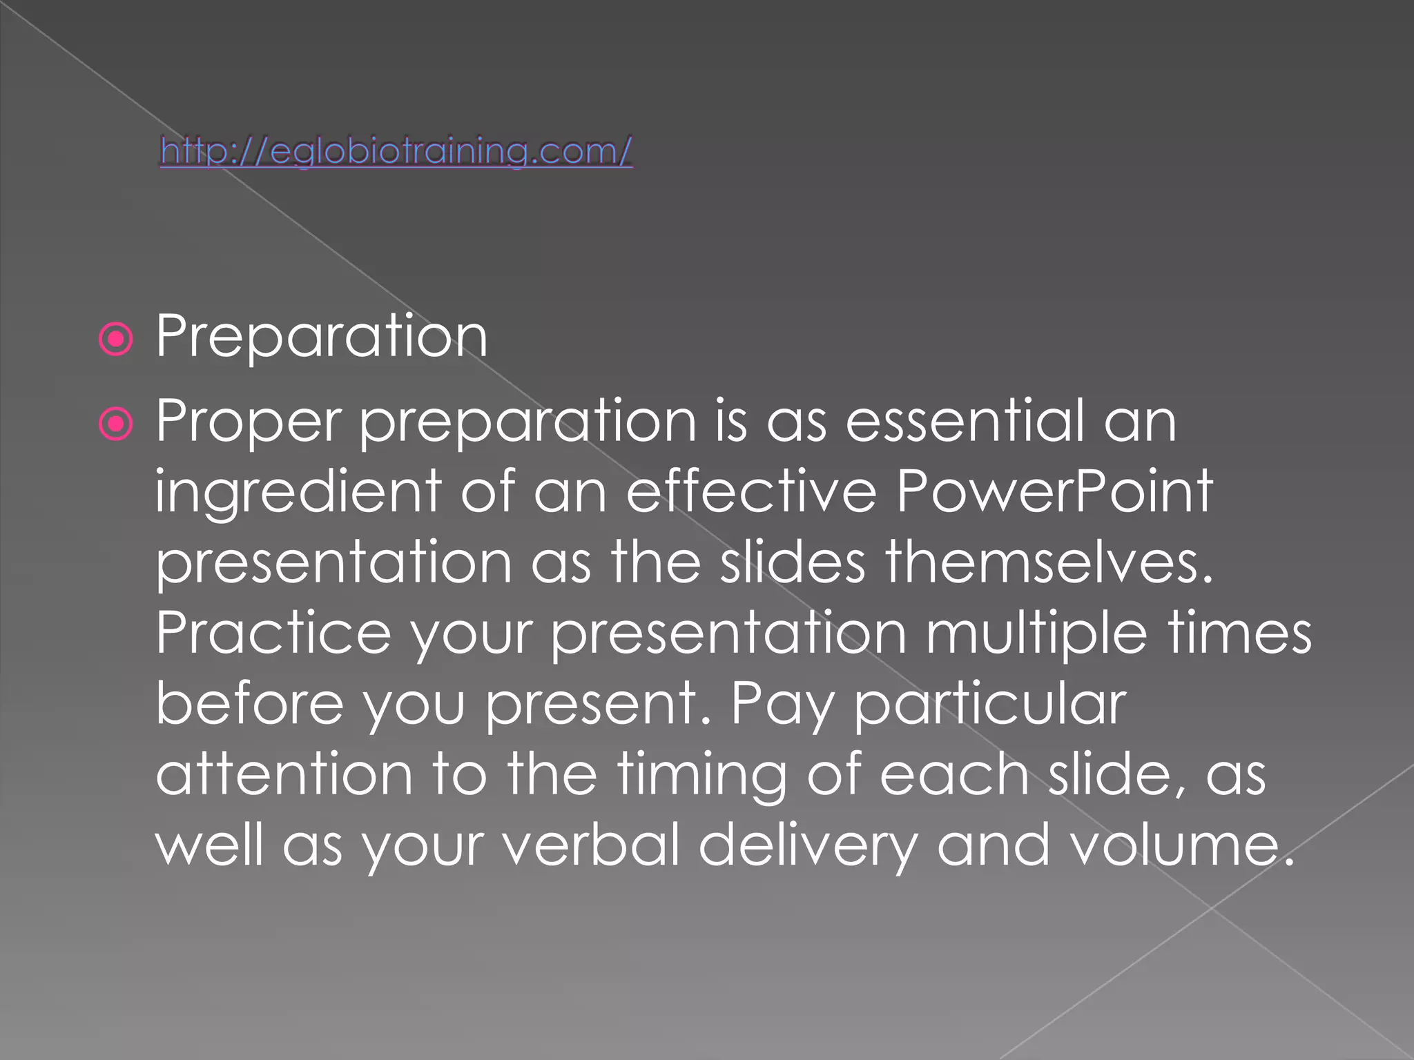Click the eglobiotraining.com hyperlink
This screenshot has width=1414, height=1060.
coord(396,151)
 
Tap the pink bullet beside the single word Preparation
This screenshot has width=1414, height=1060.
coord(115,340)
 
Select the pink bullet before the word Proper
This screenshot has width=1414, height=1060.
coord(115,424)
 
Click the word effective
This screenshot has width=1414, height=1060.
coord(751,491)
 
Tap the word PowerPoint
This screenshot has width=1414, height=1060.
coord(1054,491)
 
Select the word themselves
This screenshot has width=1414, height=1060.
coord(1049,562)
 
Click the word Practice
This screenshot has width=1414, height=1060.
coord(273,633)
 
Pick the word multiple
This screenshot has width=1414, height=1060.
coord(1036,634)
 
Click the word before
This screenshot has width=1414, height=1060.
coord(249,703)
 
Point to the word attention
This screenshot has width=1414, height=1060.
coord(284,774)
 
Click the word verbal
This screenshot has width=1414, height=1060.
coord(592,845)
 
